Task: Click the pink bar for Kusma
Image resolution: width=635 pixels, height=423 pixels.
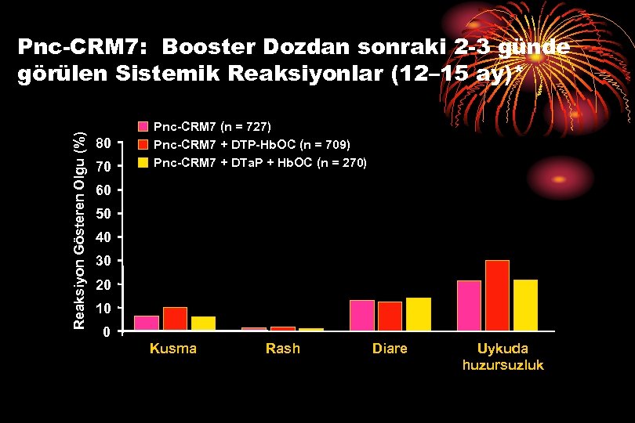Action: click(147, 323)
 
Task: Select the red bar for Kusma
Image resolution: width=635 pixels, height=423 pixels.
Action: click(175, 319)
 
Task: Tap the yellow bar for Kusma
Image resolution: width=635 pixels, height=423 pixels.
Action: click(203, 323)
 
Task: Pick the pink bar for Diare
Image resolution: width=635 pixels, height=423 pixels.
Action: click(362, 315)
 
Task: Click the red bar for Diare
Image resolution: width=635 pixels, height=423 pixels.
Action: click(390, 316)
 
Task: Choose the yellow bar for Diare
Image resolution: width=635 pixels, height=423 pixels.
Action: click(419, 314)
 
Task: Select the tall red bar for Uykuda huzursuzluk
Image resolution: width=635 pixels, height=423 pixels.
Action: click(497, 295)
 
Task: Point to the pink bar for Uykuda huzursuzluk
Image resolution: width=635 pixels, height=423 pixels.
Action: click(469, 305)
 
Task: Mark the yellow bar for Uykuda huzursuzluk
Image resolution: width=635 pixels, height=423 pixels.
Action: click(525, 305)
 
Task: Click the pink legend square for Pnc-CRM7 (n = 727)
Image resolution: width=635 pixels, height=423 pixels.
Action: click(143, 126)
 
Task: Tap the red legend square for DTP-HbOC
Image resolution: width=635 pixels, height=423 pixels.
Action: click(143, 145)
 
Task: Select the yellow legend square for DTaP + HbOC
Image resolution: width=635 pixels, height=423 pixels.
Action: click(143, 163)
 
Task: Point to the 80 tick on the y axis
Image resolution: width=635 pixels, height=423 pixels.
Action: click(104, 143)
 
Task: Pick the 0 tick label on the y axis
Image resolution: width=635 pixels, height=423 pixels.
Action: click(107, 332)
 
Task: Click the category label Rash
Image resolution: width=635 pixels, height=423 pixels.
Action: click(282, 349)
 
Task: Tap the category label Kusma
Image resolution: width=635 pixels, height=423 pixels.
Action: click(173, 349)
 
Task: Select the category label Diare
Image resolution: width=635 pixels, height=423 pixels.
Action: click(390, 349)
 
